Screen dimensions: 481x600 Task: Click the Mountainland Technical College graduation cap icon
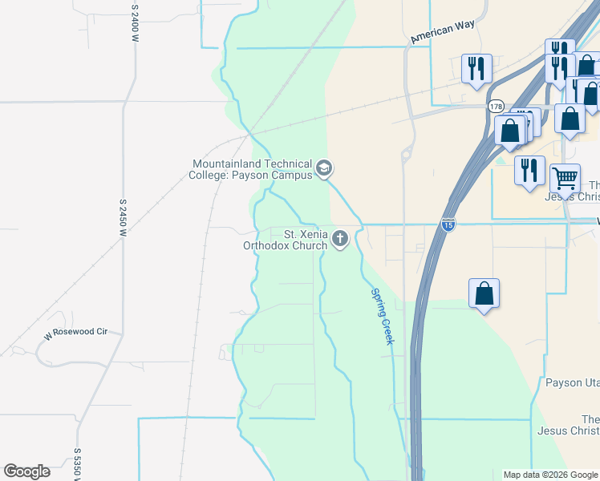pyautogui.click(x=324, y=168)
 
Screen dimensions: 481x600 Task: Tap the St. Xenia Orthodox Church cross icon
pyautogui.click(x=341, y=238)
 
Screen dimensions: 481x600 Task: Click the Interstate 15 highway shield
pyautogui.click(x=448, y=225)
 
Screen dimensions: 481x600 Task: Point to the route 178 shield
pyautogui.click(x=496, y=106)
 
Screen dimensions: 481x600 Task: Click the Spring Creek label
pyautogui.click(x=382, y=317)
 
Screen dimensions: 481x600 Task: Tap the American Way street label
pyautogui.click(x=442, y=32)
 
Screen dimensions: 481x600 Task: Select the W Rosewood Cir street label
pyautogui.click(x=75, y=332)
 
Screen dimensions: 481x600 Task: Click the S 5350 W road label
pyautogui.click(x=78, y=465)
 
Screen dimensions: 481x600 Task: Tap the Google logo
pyautogui.click(x=26, y=471)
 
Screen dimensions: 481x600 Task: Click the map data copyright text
pyautogui.click(x=550, y=475)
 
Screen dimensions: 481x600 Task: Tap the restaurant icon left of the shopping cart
pyautogui.click(x=529, y=169)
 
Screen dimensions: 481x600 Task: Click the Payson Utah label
pyautogui.click(x=573, y=382)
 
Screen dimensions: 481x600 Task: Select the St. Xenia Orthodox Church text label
pyautogui.click(x=286, y=240)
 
